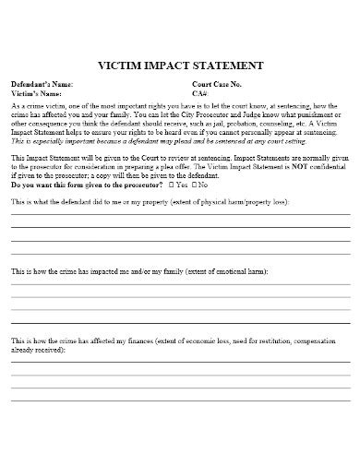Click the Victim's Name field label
37,93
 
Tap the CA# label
200,93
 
